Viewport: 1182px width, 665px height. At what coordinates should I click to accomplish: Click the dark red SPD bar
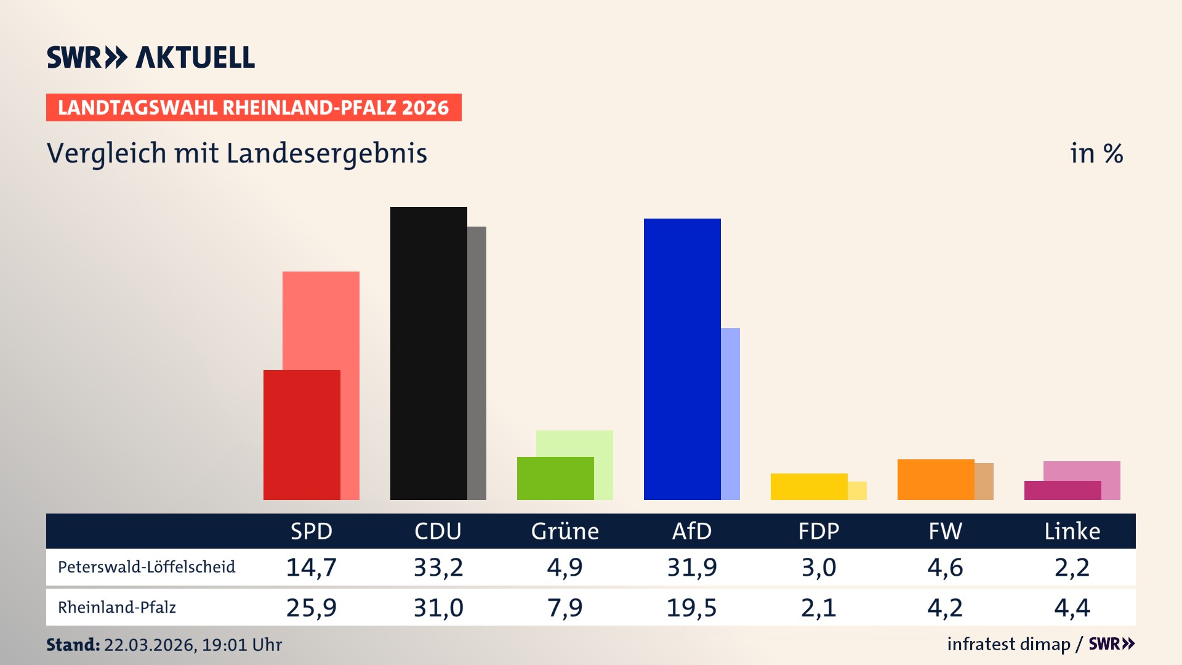click(302, 435)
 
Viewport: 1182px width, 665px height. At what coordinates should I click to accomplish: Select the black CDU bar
click(428, 353)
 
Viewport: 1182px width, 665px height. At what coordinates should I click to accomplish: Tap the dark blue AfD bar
click(682, 359)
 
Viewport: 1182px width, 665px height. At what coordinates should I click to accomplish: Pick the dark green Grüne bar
click(555, 478)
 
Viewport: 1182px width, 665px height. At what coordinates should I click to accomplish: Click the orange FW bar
click(936, 480)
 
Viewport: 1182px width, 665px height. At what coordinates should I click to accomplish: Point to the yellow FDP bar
click(809, 486)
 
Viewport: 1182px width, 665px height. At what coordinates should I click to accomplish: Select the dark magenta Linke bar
click(1063, 491)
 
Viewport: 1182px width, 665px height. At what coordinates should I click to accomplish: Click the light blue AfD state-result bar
click(731, 414)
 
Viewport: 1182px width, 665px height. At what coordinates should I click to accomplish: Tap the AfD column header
click(692, 531)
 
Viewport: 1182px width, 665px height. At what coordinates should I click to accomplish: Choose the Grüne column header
click(565, 531)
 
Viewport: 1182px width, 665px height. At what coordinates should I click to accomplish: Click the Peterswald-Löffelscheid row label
click(147, 567)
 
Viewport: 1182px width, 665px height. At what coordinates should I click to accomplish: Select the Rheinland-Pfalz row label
click(117, 608)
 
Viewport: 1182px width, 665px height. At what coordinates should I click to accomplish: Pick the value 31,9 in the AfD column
click(692, 567)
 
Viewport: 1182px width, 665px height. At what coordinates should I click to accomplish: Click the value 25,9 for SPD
click(312, 608)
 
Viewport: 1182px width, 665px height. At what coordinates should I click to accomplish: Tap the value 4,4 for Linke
click(1072, 608)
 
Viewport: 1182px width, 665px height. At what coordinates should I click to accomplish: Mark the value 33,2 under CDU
click(438, 567)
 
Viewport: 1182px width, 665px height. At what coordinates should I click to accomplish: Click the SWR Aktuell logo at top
click(151, 57)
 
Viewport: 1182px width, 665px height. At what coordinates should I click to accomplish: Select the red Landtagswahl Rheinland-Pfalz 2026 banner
click(254, 108)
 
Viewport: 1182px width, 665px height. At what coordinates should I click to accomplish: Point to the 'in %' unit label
click(1096, 153)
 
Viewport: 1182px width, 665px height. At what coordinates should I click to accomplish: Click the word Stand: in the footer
click(73, 645)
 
